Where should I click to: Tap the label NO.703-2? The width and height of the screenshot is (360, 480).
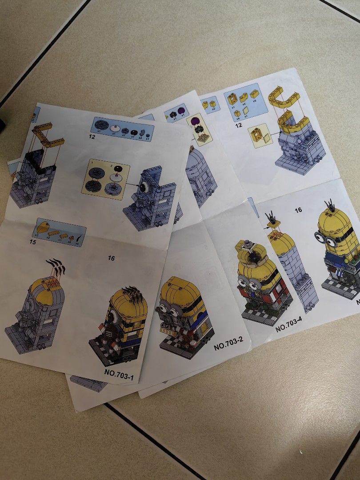pos(228,344)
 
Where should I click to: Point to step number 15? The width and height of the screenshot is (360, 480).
pos(32,242)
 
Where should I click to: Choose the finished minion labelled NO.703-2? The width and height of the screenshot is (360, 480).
pos(184,313)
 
